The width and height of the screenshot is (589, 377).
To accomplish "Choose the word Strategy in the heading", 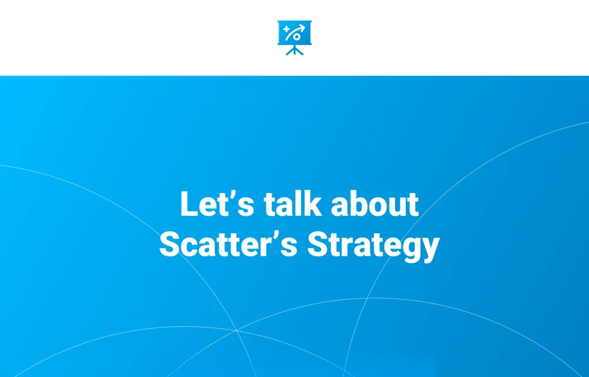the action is click(x=373, y=246).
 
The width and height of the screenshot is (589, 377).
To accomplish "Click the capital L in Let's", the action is click(x=188, y=204).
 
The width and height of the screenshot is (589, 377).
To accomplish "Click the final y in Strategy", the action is click(x=431, y=250).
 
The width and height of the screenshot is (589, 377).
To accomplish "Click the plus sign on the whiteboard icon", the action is click(x=286, y=29).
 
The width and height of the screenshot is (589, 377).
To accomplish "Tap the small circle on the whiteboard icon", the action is click(x=297, y=37).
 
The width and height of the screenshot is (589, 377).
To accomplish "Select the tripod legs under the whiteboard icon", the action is click(x=294, y=50).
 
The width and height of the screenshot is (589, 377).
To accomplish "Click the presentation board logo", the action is click(x=294, y=38).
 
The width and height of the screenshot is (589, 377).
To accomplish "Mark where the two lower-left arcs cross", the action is click(x=236, y=330).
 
